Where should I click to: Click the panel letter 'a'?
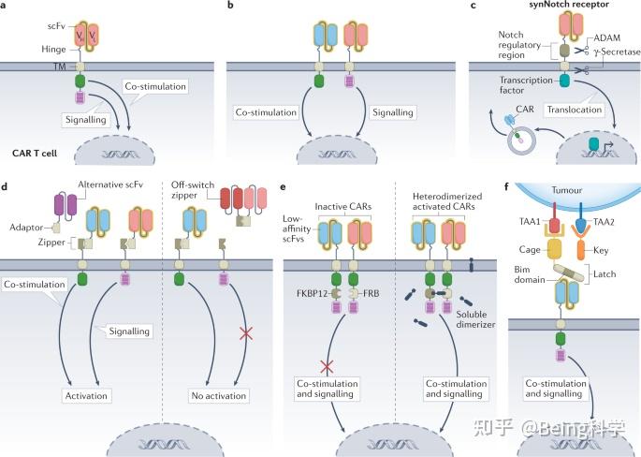3,7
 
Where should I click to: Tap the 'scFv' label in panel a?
56,26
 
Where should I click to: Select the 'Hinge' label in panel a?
53,49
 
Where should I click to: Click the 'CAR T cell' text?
35,154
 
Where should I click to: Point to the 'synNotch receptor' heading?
569,5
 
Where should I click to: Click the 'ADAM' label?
607,37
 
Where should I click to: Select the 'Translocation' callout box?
575,110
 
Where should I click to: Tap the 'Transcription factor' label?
525,85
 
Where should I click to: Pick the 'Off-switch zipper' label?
193,190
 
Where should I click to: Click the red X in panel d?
246,333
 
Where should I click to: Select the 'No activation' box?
219,395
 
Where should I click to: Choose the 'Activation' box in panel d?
86,395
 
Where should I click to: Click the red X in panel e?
327,366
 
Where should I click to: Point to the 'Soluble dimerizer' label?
475,319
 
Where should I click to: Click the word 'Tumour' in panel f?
566,190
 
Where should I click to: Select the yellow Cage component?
555,249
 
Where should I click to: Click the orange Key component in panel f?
581,250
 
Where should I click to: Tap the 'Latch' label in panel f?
605,274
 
